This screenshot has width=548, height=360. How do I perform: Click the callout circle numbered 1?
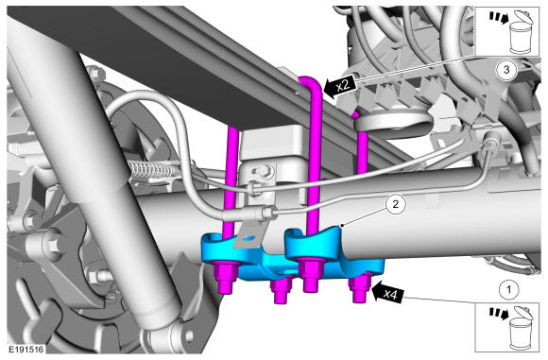(508, 289)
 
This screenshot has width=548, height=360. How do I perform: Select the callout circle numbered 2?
(395, 204)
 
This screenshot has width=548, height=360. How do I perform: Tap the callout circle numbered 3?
(506, 70)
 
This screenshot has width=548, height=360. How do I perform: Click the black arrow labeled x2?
(340, 86)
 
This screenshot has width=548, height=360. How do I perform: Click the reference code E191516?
(26, 350)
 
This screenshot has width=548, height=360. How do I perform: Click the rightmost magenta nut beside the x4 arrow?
(361, 287)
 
